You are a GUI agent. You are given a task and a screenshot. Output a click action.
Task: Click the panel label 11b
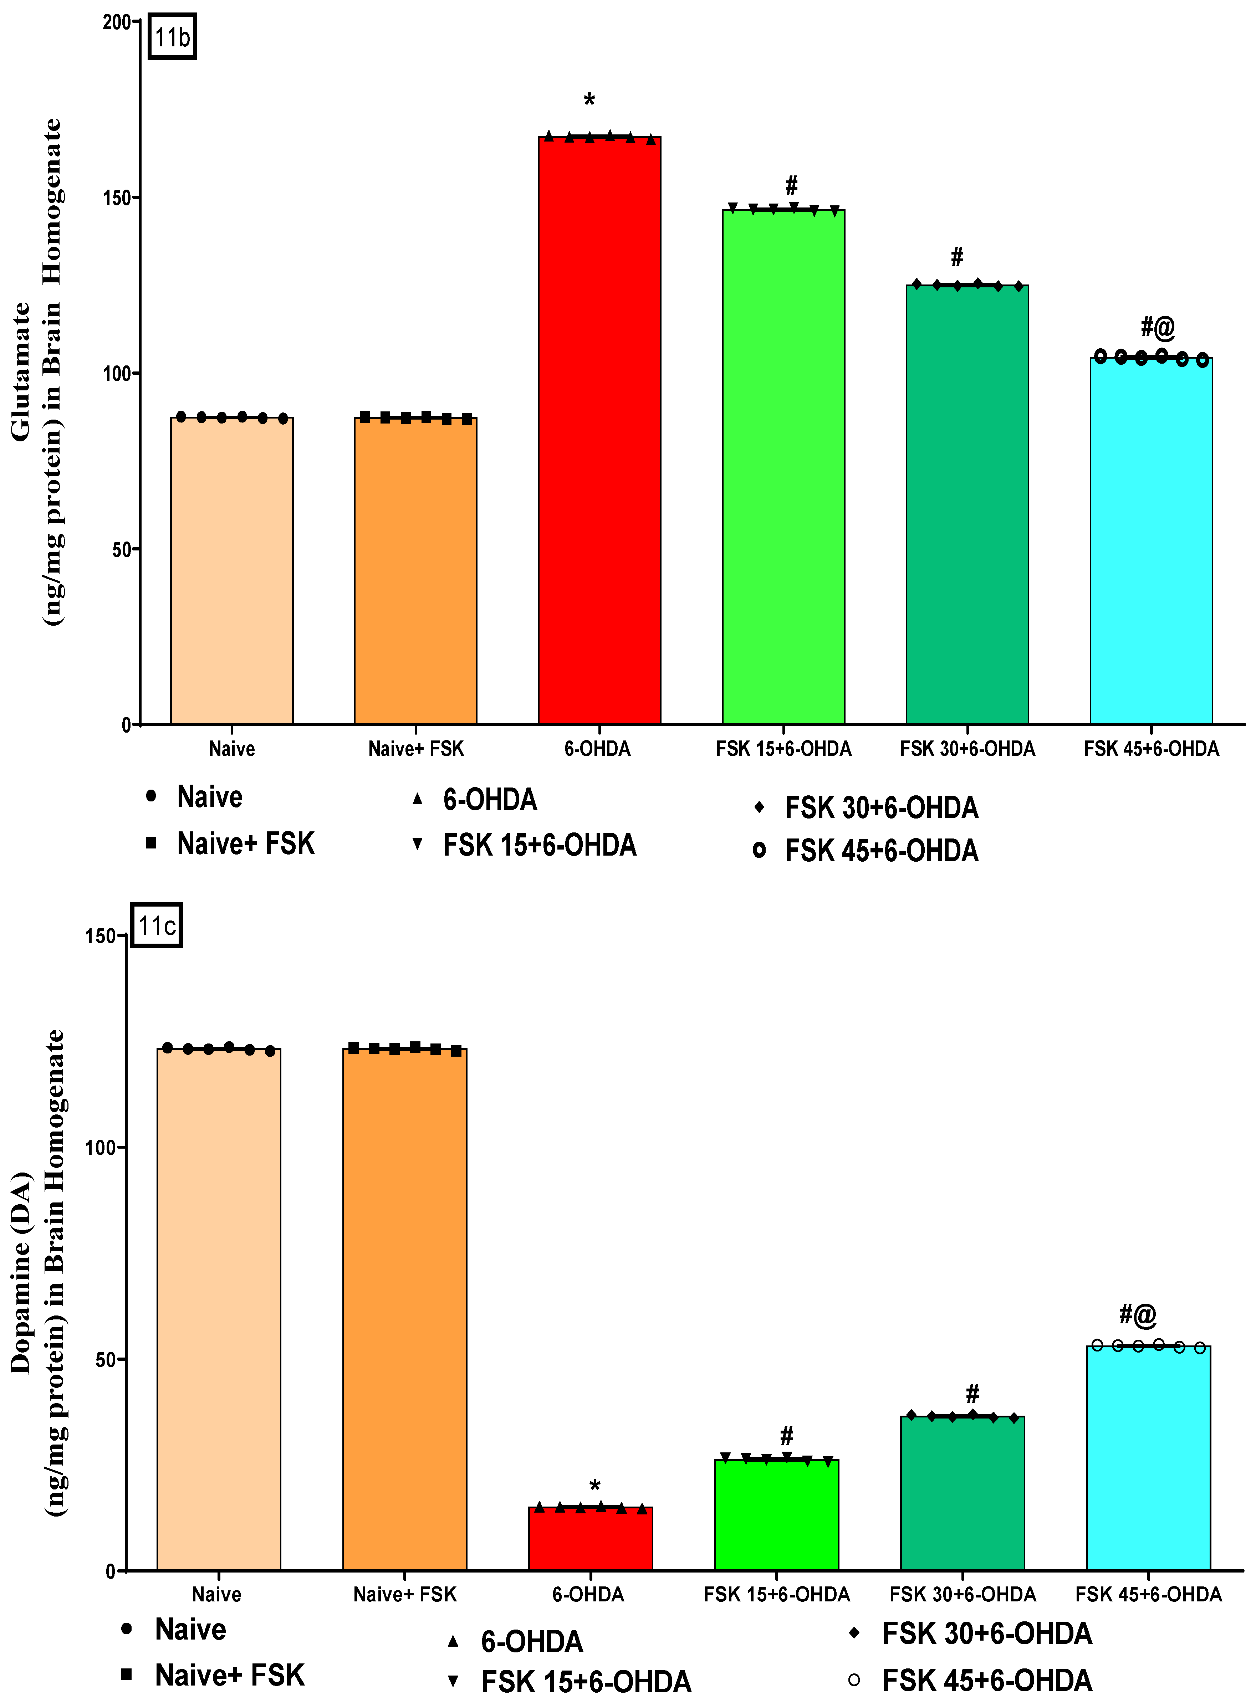172,36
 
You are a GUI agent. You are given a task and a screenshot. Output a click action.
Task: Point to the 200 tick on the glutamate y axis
118,22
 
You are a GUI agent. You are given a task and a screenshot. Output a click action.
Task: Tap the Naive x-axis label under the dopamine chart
217,1594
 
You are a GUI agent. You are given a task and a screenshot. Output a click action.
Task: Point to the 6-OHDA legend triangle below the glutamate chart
417,799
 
